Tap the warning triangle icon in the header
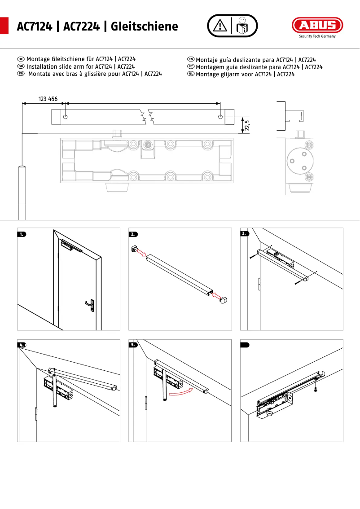click(220, 26)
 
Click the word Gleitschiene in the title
click(144, 26)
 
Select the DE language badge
click(20, 59)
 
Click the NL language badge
click(191, 74)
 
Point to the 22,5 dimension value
click(247, 125)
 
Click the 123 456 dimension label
click(48, 99)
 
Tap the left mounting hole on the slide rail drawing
click(66, 117)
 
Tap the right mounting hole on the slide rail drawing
click(220, 117)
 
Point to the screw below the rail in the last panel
click(316, 390)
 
